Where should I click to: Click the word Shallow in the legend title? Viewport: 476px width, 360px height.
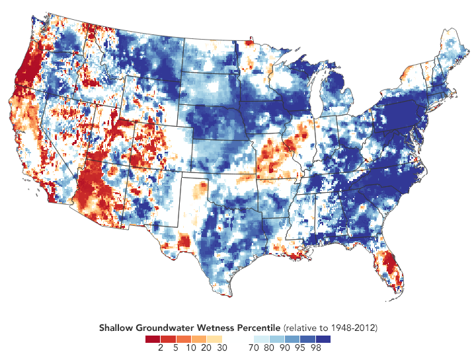(x=116, y=328)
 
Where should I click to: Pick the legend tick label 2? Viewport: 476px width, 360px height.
(x=161, y=347)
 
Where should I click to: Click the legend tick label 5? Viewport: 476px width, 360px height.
(x=175, y=347)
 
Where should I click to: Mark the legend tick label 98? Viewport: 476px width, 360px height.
(x=317, y=347)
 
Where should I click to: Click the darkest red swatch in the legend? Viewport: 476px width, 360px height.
(x=153, y=338)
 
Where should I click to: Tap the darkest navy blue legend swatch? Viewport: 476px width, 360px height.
(x=324, y=338)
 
